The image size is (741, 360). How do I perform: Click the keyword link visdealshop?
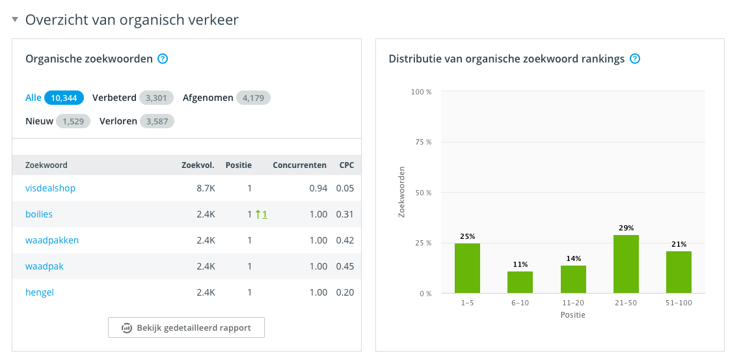point(50,188)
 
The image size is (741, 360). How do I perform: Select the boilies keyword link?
point(39,214)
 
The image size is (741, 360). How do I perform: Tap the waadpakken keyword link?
point(52,240)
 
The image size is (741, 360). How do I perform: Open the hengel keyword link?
point(40,292)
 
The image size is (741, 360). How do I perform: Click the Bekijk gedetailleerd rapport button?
point(186,327)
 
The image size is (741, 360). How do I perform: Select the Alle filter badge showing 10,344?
point(64,98)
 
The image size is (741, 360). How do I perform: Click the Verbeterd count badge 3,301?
point(156,98)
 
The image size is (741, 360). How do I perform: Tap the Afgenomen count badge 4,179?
point(253,98)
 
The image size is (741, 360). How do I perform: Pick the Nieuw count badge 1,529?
point(73,121)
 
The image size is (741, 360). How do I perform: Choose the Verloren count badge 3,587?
point(157,121)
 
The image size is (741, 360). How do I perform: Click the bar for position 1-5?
point(467,268)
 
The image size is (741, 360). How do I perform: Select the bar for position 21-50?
point(626,264)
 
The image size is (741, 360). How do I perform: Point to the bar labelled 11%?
point(520,283)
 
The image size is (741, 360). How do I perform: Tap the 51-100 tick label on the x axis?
point(679,303)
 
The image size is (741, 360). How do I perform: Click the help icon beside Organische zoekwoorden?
point(163,59)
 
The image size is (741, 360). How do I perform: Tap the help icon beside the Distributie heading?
point(635,59)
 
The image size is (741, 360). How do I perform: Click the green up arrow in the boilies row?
point(258,214)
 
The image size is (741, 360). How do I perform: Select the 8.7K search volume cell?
point(206,188)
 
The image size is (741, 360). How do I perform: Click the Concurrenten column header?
point(299,165)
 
